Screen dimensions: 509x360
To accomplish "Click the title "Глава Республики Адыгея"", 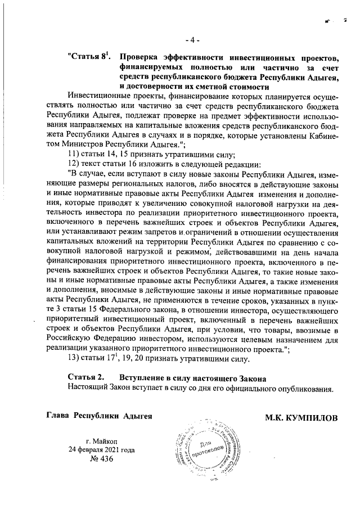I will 98,416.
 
